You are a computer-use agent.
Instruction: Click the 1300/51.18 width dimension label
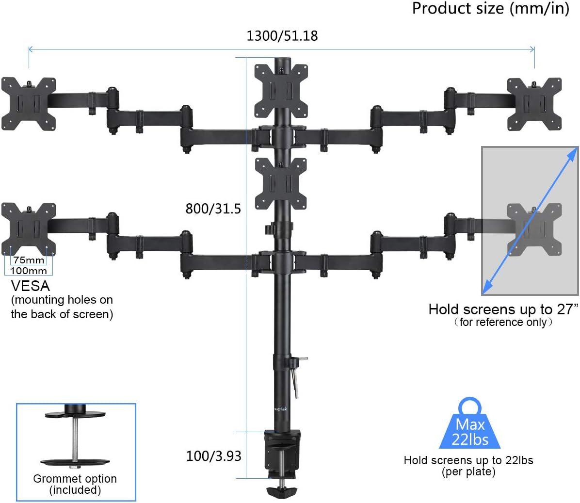(x=282, y=36)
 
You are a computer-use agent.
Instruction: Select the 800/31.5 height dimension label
(x=213, y=209)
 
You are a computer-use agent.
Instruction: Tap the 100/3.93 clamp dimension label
(x=213, y=456)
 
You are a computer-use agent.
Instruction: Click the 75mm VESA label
(x=29, y=260)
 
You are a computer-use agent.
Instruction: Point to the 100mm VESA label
(x=29, y=271)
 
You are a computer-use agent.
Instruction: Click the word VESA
(x=30, y=286)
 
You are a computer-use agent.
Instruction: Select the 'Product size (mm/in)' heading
(x=490, y=8)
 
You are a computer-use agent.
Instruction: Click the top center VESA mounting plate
(x=282, y=91)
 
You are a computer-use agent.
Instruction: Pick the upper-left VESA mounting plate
(x=28, y=103)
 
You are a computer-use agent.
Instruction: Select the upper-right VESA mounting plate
(x=534, y=104)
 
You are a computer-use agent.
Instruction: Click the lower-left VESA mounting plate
(x=28, y=229)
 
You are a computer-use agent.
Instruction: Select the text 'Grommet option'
(x=75, y=479)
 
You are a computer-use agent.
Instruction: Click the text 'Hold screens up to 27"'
(x=503, y=309)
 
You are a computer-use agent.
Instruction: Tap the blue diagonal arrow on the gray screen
(x=531, y=220)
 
